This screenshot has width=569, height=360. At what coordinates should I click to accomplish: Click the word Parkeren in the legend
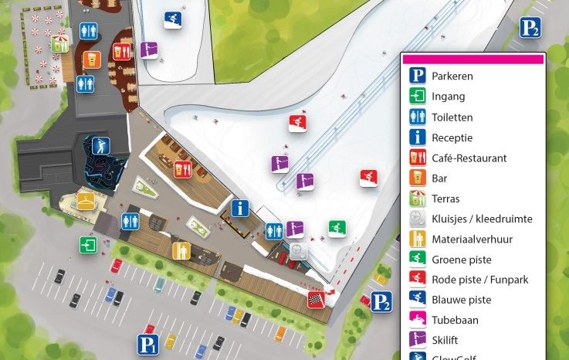coord(452,76)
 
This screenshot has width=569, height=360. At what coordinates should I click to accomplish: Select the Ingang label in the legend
coord(448,97)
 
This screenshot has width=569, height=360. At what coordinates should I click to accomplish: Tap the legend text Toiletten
coord(452,117)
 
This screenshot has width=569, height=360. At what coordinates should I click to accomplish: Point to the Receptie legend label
coord(452,138)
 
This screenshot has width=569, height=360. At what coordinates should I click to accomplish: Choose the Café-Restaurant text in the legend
coord(469,158)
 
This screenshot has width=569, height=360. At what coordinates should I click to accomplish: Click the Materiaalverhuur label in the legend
coord(472,239)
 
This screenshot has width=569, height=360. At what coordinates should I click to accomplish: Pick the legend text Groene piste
coord(462,260)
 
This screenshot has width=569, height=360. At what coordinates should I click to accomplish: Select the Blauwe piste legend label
coord(461,300)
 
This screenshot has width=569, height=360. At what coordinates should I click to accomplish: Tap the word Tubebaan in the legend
coord(455,320)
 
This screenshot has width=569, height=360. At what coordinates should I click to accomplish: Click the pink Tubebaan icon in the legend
coord(418,320)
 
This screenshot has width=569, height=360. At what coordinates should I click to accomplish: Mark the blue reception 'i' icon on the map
coord(241,208)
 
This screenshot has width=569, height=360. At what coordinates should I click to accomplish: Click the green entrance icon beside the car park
coord(87,245)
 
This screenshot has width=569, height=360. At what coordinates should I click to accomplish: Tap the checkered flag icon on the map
coord(315,298)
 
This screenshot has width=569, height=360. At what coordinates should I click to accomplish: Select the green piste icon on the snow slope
coord(337,229)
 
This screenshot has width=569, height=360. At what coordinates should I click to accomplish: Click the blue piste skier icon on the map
coord(173,19)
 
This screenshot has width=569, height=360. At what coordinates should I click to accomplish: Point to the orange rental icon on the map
coord(181,250)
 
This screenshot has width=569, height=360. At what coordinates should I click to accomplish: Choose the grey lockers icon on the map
coord(300,252)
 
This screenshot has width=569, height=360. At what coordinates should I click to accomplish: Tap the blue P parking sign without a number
coord(147,344)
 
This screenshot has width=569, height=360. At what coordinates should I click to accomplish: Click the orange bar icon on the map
coord(91,59)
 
